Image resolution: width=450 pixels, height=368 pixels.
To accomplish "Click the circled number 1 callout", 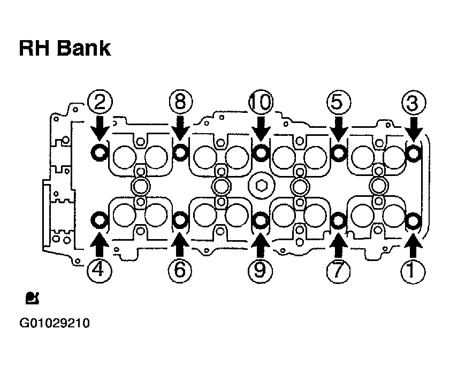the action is (413, 271).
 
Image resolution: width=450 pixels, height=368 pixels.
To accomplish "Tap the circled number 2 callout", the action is (100, 102).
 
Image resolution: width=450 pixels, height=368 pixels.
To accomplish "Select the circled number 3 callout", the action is (414, 103).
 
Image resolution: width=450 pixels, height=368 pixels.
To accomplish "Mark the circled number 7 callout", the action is (338, 271).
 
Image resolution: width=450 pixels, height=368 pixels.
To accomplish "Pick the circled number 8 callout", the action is (180, 102).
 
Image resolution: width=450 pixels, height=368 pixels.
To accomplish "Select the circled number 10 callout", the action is (261, 102).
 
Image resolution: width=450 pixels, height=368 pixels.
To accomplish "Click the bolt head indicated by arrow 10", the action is (261, 152).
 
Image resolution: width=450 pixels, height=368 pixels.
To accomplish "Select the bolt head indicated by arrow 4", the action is (100, 220).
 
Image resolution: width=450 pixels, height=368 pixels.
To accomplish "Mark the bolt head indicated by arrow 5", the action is (339, 152).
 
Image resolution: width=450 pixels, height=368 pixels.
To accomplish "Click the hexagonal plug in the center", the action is (261, 186).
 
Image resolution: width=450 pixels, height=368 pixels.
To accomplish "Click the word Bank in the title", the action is (83, 48).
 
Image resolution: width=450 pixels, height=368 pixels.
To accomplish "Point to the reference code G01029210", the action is (55, 323).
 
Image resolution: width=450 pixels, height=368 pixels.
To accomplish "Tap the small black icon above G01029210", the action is (32, 298).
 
